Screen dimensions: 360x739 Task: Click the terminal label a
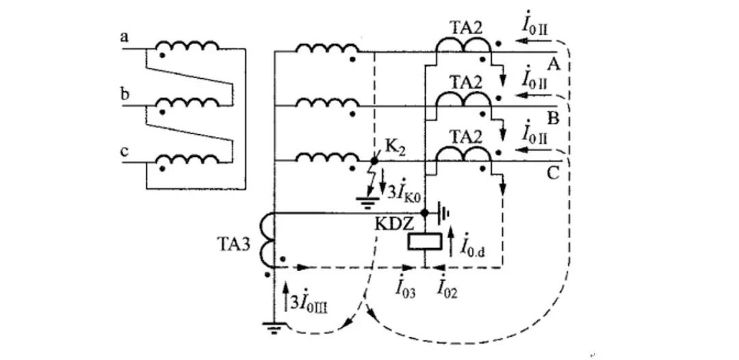[x=124, y=38]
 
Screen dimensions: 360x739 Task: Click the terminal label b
[x=124, y=94]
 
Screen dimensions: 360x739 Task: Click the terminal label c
[x=124, y=151]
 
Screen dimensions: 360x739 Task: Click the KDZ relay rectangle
[x=424, y=242]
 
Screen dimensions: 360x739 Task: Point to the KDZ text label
[x=390, y=222]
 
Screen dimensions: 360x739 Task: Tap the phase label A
[x=554, y=64]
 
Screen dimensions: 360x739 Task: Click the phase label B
[x=554, y=118]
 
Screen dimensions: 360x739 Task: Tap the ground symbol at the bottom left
[x=274, y=328]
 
